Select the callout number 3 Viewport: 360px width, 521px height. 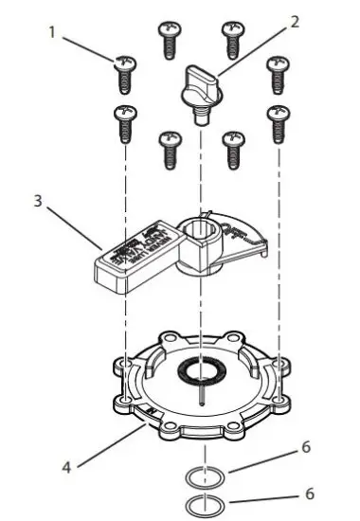tap(37, 202)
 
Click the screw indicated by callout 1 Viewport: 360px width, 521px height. tap(123, 72)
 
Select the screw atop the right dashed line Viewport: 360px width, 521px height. tap(278, 120)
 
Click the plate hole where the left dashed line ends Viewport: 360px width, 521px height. tap(124, 364)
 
